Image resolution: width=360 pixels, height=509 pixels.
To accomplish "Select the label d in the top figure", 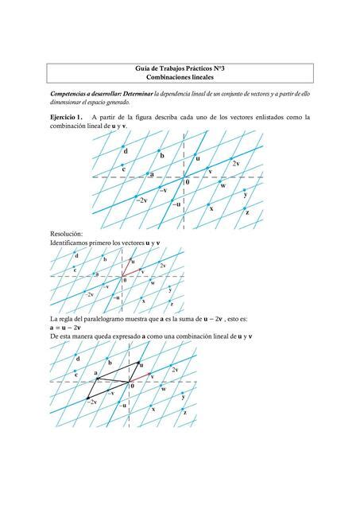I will pos(125,150).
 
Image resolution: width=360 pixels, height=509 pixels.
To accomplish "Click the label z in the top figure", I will pos(248,212).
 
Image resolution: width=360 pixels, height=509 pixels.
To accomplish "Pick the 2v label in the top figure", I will pos(236,162).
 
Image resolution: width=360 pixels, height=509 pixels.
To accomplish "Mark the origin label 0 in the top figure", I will pos(188,182).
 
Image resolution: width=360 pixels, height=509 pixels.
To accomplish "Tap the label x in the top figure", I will pos(211,208).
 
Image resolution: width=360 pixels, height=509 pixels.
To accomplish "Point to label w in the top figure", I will pos(223,185).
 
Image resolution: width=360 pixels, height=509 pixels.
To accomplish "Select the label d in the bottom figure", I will pos(78,358).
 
